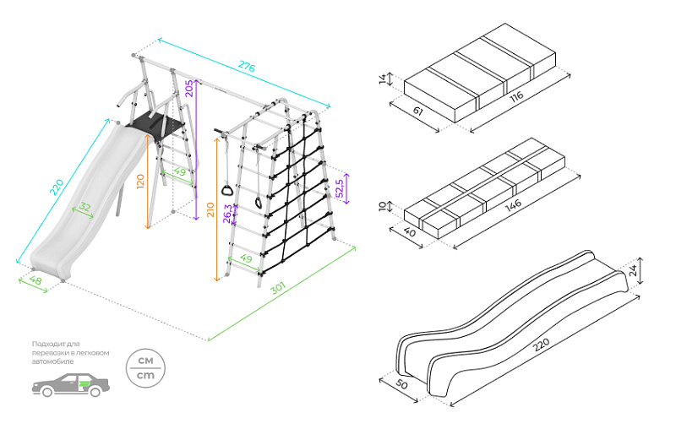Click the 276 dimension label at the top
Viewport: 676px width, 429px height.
point(245,65)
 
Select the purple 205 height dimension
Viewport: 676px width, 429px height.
point(190,89)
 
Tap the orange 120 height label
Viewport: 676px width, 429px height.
point(142,180)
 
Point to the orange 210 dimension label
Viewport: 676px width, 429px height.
point(210,209)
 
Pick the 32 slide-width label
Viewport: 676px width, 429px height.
point(84,208)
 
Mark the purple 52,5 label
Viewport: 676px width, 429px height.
point(340,187)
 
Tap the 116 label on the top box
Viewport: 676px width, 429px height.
point(515,95)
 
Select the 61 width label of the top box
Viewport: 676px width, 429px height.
point(415,111)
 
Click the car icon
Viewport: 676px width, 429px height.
point(71,385)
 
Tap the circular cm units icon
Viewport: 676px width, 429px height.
point(145,367)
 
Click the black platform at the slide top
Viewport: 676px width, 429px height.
point(157,123)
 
